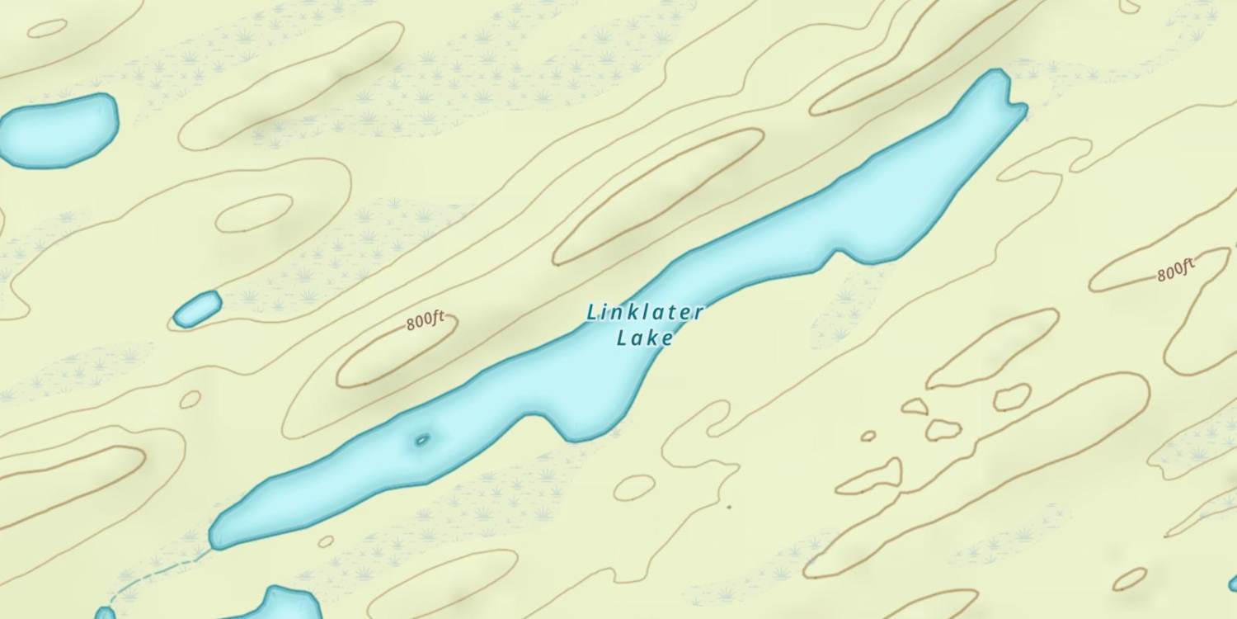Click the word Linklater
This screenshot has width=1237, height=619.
[645, 312]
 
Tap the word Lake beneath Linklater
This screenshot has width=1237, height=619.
[645, 338]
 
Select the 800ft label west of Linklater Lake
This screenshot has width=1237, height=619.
[426, 320]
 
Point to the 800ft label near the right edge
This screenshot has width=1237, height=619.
[1175, 270]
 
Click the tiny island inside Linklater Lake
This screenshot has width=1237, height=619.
[422, 439]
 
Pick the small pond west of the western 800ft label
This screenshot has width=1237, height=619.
[198, 309]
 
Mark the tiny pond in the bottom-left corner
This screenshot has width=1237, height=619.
[105, 613]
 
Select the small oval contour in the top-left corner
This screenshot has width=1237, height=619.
[47, 28]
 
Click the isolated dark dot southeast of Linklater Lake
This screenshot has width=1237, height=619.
[728, 507]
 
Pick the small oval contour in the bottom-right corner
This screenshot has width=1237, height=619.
[1130, 579]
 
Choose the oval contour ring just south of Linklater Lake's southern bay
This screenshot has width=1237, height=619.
[634, 487]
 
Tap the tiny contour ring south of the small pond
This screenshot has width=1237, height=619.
[190, 399]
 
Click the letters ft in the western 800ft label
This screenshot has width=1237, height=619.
[437, 317]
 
